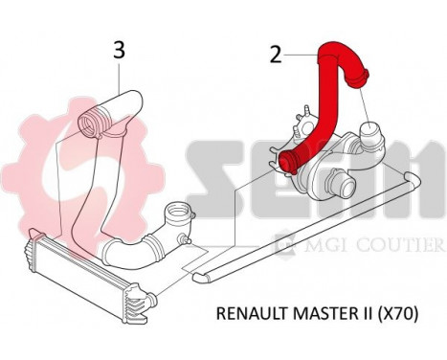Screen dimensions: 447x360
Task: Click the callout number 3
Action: pyautogui.click(x=119, y=49)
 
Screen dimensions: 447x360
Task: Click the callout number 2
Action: pyautogui.click(x=276, y=55)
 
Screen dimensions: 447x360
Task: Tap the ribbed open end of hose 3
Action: pyautogui.click(x=94, y=122)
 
